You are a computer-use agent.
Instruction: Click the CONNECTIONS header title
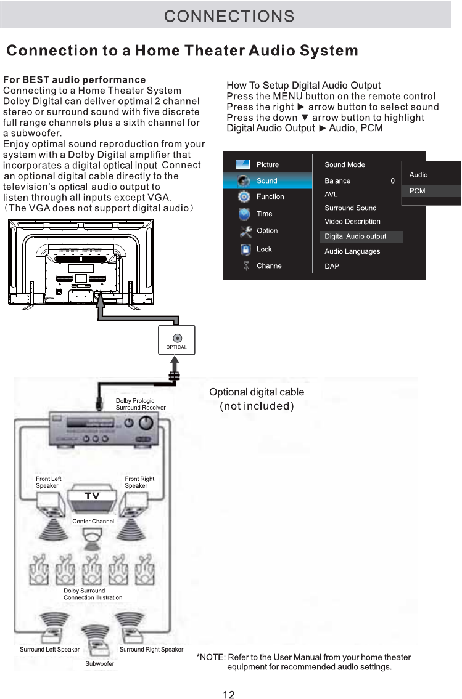click(x=229, y=15)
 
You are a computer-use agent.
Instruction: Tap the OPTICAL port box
click(x=176, y=341)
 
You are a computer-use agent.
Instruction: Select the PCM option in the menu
click(x=418, y=191)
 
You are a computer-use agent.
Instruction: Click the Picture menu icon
click(x=244, y=164)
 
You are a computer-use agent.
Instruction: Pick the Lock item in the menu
click(x=264, y=249)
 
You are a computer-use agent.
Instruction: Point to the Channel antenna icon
click(x=245, y=266)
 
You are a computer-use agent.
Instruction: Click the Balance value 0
click(x=392, y=181)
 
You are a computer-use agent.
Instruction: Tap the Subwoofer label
click(x=99, y=663)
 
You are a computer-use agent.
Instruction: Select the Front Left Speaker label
click(x=49, y=482)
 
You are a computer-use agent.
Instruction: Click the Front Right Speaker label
click(x=139, y=482)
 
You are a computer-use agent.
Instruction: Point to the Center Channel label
click(x=93, y=522)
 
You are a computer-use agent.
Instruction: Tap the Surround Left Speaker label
click(x=49, y=649)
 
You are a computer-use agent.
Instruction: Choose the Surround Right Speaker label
click(x=151, y=649)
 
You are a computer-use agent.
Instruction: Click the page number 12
click(x=228, y=695)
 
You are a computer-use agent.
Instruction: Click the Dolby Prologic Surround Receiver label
click(x=141, y=404)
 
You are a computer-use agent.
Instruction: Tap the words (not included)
click(x=257, y=406)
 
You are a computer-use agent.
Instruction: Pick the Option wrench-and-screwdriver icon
click(x=245, y=232)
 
